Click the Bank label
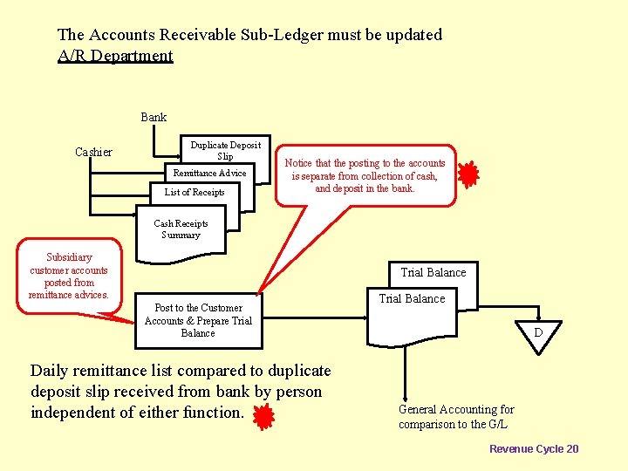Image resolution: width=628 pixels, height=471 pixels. [154, 117]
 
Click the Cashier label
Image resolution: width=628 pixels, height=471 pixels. [93, 152]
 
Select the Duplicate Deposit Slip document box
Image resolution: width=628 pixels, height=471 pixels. [225, 150]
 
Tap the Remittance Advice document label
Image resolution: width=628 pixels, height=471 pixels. [209, 173]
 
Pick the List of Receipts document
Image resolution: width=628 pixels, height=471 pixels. [196, 192]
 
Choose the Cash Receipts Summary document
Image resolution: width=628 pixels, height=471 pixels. [181, 229]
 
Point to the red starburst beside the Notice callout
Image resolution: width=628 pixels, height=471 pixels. [468, 175]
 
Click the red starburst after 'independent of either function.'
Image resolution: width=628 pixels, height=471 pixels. [263, 417]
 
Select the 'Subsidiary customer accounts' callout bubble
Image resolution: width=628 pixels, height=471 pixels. [69, 275]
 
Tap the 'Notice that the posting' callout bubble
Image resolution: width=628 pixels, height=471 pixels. [365, 175]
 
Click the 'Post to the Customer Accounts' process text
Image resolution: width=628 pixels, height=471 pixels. [198, 320]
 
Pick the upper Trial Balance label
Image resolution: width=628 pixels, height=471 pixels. [433, 272]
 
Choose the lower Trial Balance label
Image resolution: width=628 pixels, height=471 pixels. [412, 298]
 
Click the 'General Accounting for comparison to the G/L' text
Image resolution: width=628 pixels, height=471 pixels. [456, 417]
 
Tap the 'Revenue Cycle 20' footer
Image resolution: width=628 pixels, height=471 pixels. [533, 448]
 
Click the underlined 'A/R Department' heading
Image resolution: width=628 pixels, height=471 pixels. [115, 56]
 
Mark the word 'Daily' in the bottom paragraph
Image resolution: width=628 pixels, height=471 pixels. [50, 371]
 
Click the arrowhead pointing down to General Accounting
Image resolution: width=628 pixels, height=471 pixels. [404, 397]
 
